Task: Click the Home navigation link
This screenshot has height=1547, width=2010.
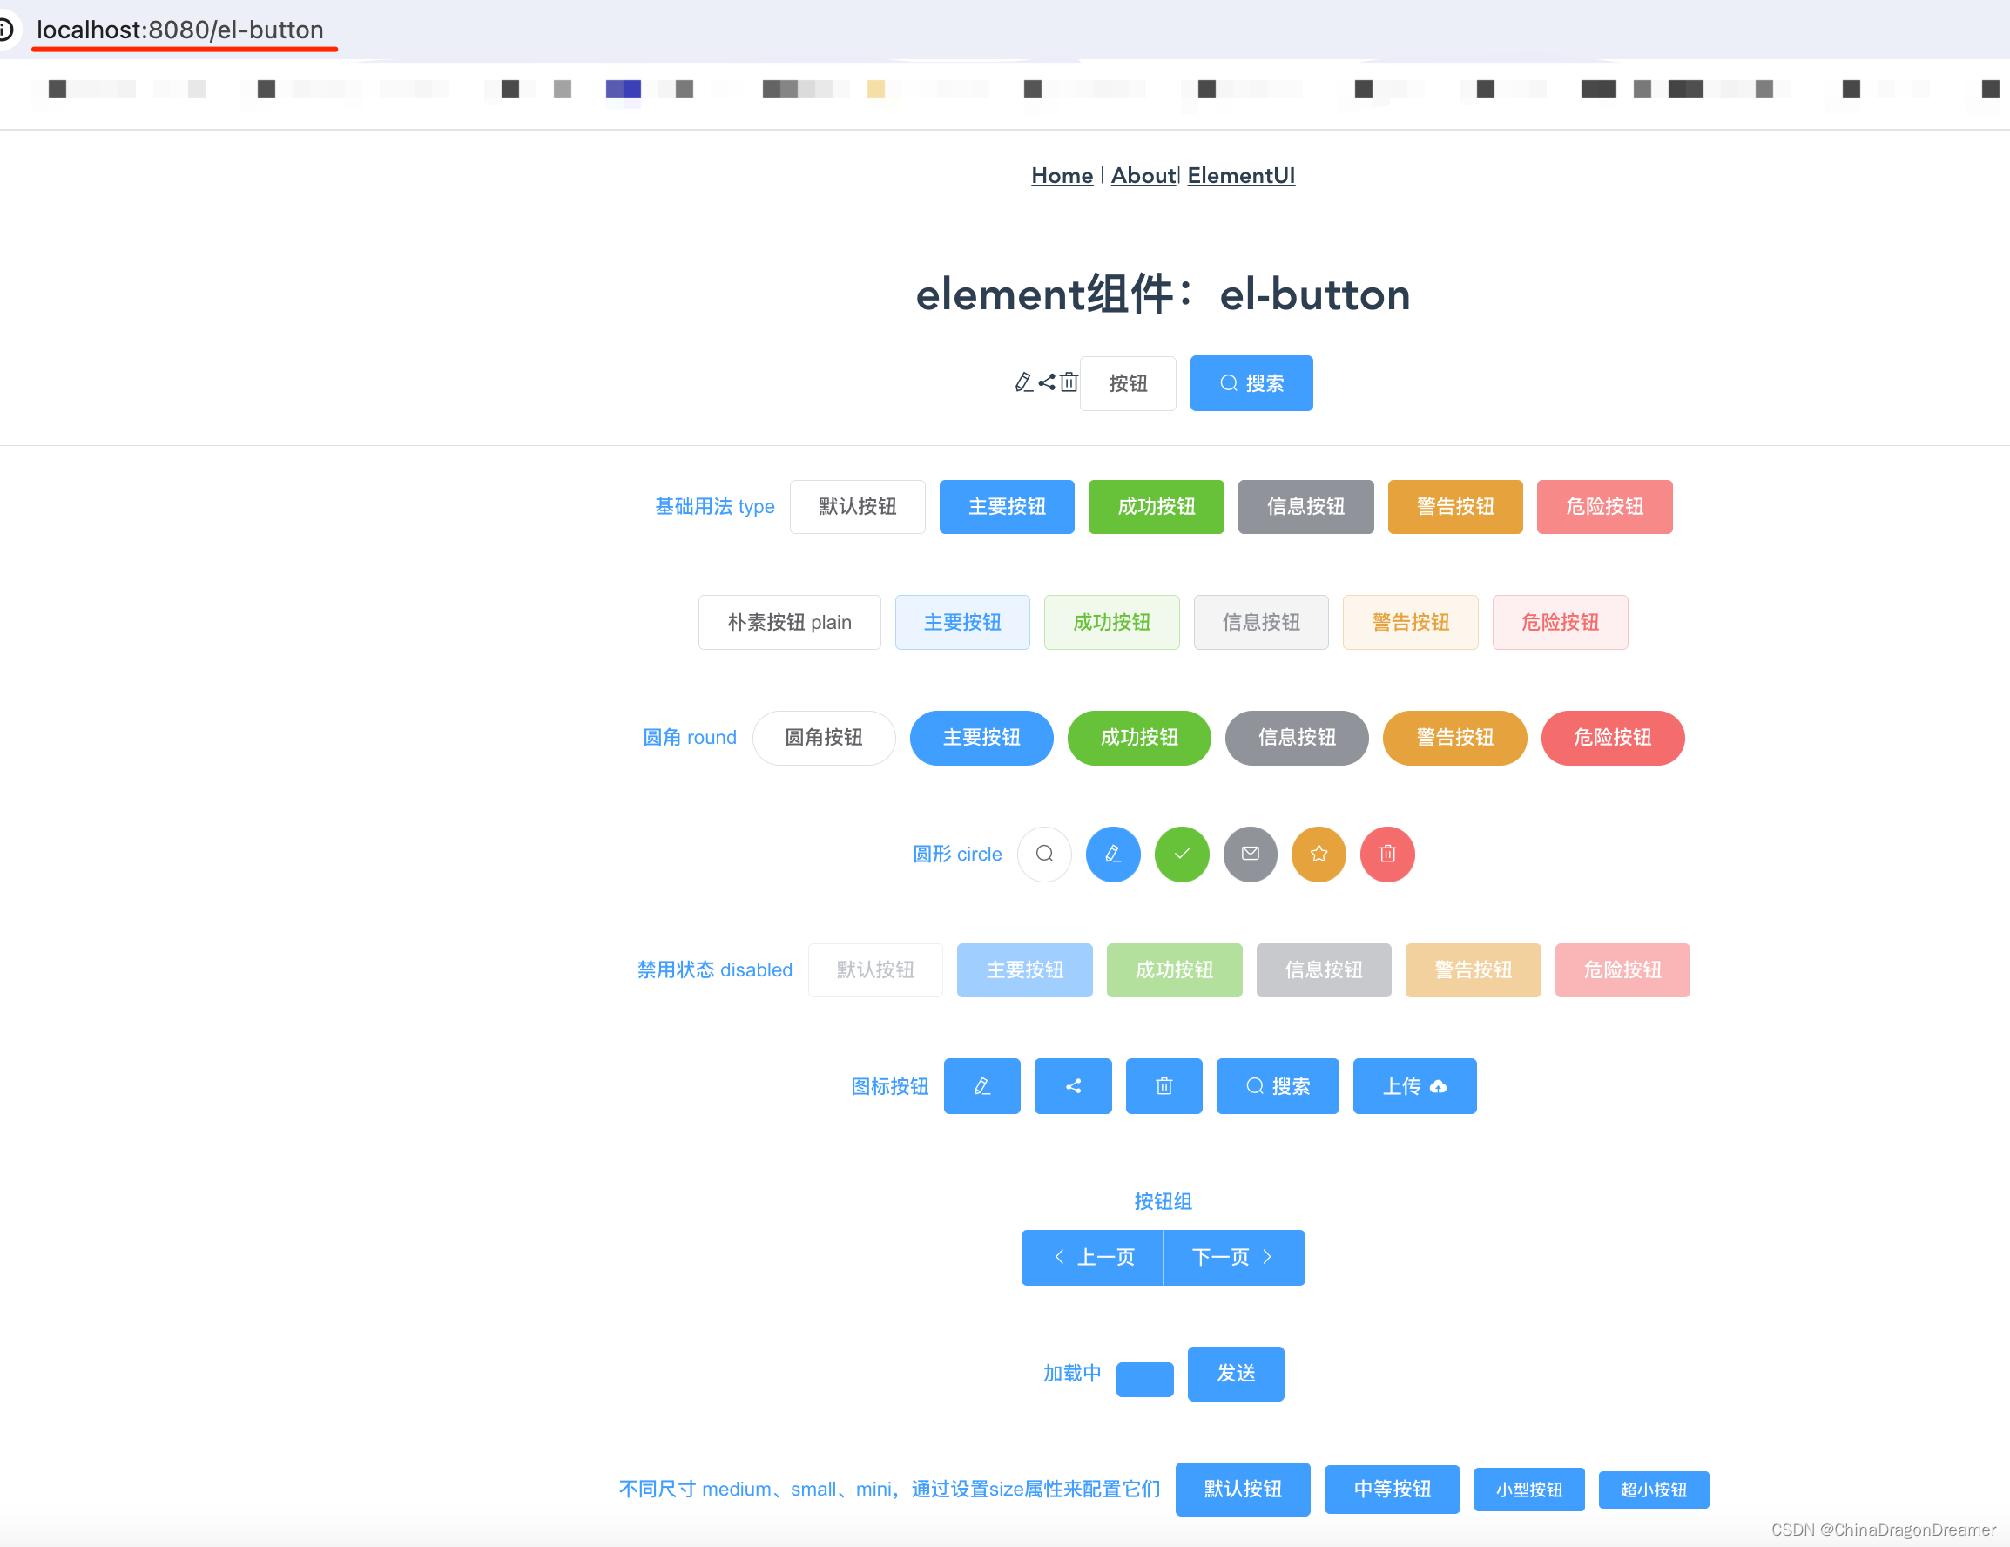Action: point(1061,175)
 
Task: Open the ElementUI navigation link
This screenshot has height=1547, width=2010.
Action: point(1241,175)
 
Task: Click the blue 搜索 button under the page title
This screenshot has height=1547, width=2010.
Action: point(1251,383)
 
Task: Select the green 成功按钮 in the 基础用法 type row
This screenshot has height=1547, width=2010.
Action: point(1156,506)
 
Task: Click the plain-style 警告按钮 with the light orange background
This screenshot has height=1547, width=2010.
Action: point(1410,622)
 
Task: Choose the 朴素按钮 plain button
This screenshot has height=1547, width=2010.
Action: point(789,622)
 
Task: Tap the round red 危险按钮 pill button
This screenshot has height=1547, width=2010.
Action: point(1612,737)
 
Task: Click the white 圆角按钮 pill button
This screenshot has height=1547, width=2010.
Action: point(824,737)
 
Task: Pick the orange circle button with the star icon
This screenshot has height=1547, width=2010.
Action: point(1319,854)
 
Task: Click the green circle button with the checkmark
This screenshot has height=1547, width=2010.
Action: point(1182,854)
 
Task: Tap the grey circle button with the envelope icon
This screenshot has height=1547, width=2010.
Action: point(1250,854)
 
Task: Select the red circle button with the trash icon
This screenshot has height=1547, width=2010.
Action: point(1388,854)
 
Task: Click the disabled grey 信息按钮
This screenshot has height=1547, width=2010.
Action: point(1324,970)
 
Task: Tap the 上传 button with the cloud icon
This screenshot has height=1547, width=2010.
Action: point(1414,1086)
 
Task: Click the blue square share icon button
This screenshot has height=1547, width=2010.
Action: point(1073,1086)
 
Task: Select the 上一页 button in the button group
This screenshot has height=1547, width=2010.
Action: point(1092,1257)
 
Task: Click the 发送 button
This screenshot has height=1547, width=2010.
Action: point(1236,1373)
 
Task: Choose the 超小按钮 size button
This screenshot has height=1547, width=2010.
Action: point(1653,1489)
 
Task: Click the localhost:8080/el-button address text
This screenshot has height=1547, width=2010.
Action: point(180,30)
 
